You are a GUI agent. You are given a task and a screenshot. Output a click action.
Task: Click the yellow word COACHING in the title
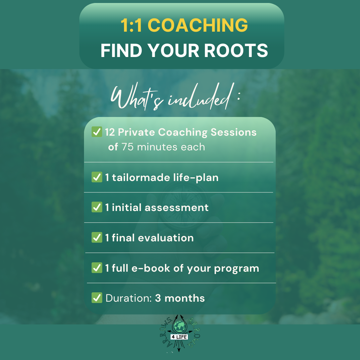click(198, 25)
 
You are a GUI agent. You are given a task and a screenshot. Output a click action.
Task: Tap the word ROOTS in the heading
click(236, 51)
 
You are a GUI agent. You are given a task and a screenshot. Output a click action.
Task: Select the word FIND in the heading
click(121, 51)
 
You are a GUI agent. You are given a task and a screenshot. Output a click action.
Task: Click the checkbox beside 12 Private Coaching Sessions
click(97, 132)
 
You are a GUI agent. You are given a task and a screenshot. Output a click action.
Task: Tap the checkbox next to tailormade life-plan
click(97, 177)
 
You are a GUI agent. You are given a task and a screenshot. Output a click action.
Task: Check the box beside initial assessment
click(97, 207)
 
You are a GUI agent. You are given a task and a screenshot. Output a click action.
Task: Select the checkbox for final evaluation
click(97, 237)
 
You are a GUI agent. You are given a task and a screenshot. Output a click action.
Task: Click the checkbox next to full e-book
click(97, 268)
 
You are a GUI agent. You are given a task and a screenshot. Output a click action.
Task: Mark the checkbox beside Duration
click(97, 298)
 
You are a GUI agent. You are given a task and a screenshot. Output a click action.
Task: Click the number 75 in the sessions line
click(127, 147)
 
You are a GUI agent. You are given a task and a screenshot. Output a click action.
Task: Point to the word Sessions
click(233, 132)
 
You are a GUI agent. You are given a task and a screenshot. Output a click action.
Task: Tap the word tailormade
click(141, 177)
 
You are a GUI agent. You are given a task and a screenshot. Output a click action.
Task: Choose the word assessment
click(176, 208)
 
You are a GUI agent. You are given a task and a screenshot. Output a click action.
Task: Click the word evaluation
click(166, 238)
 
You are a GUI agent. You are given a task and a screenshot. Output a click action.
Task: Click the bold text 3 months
click(180, 298)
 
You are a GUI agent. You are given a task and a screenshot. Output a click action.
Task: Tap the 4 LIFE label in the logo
click(179, 337)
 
